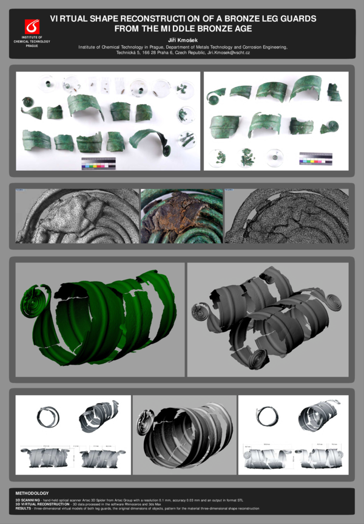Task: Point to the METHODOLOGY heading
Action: pyautogui.click(x=32, y=493)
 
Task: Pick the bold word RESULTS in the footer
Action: pyautogui.click(x=25, y=508)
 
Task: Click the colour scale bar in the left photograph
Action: pyautogui.click(x=98, y=163)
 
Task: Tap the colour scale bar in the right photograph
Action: pyautogui.click(x=315, y=159)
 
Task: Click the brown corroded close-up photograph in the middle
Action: pyautogui.click(x=182, y=216)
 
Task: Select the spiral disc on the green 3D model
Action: pyautogui.click(x=33, y=302)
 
